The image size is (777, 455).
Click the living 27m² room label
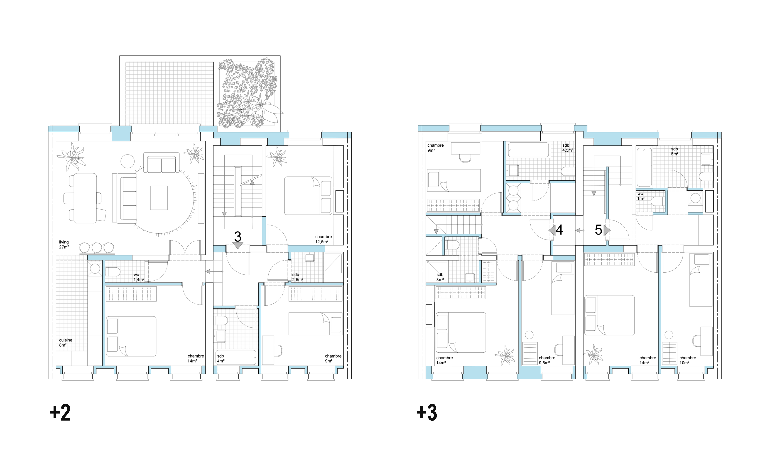pyautogui.click(x=64, y=244)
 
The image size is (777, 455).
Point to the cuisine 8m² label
pyautogui.click(x=66, y=343)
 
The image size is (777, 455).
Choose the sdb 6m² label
pyautogui.click(x=675, y=151)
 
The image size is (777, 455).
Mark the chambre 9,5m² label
pyautogui.click(x=547, y=360)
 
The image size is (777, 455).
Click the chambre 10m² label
pyautogui.click(x=688, y=360)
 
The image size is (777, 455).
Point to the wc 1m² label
pyautogui.click(x=640, y=196)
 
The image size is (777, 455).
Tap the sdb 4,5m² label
pyautogui.click(x=568, y=148)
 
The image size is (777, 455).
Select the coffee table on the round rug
pyautogui.click(x=159, y=198)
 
